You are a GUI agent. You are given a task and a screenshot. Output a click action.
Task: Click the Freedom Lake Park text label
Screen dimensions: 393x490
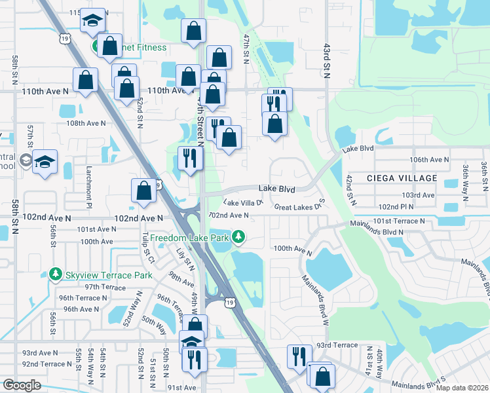pos(191,236)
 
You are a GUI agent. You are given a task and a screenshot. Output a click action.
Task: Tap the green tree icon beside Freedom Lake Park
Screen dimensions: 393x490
pos(240,236)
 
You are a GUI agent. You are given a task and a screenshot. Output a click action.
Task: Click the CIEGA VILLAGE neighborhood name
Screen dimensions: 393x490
pos(402,178)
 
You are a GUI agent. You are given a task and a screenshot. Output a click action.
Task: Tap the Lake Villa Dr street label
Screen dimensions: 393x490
pos(243,203)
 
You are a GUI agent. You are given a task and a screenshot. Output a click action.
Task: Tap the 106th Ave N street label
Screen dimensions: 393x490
pos(429,159)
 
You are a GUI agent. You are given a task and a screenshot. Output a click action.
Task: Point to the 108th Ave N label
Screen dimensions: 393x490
pos(86,122)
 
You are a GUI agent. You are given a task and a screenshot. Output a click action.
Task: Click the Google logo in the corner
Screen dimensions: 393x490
pos(22,384)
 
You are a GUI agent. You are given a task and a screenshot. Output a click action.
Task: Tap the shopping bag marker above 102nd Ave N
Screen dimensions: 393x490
pos(144,191)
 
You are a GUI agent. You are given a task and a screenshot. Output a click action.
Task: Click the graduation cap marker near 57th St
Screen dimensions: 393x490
pos(45,162)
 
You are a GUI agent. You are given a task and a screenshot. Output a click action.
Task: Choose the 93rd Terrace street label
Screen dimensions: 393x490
pos(337,345)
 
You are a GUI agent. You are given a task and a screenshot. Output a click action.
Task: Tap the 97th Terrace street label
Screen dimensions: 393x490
pos(105,287)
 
